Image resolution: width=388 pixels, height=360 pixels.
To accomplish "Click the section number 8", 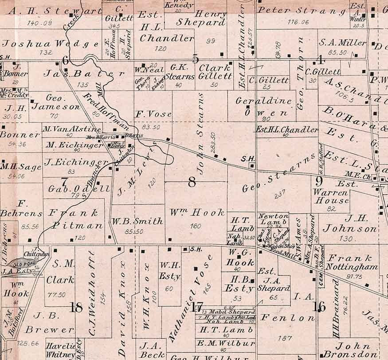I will [x=192, y=182].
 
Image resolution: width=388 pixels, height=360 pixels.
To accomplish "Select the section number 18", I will [x=76, y=307].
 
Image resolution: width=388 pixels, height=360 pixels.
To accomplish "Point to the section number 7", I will [x=65, y=182].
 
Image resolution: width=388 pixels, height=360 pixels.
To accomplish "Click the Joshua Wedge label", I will [x=51, y=43].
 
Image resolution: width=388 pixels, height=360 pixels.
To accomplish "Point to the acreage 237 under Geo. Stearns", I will [x=280, y=196].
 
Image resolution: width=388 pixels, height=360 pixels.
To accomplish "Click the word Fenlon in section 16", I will [x=282, y=317].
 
